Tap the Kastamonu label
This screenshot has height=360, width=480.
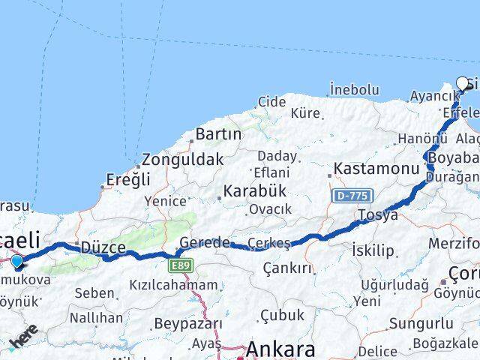[x=376, y=169]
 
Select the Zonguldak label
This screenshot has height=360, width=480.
[x=183, y=160]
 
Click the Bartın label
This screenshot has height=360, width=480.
[x=218, y=134]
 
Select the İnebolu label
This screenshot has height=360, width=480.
[x=354, y=90]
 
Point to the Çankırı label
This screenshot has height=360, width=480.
[x=286, y=268]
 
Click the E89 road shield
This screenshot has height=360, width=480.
[x=181, y=265]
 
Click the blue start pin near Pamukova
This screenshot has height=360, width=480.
[x=17, y=261]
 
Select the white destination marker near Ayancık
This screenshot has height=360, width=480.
[x=462, y=84]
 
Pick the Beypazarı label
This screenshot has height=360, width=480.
[x=188, y=324]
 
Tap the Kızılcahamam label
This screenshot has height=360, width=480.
[x=173, y=285]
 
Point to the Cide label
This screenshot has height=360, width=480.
[x=272, y=101]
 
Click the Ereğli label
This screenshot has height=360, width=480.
[x=128, y=180]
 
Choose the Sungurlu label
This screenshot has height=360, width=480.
[x=421, y=324]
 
